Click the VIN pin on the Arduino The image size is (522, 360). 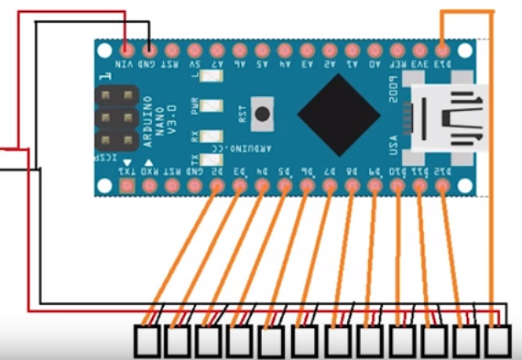(x=126, y=49)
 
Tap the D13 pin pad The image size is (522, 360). (x=443, y=49)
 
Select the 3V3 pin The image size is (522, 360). (x=420, y=49)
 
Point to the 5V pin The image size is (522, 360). (x=194, y=49)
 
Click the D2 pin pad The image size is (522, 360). (x=217, y=186)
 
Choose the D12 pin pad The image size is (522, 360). (x=443, y=186)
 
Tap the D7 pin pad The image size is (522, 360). (x=330, y=186)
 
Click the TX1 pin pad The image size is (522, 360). (x=126, y=186)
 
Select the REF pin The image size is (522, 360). (x=397, y=49)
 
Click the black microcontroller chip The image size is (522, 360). (x=338, y=115)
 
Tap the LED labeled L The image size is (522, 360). (x=208, y=82)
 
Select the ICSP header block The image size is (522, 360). (x=115, y=117)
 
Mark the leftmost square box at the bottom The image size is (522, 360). (x=149, y=342)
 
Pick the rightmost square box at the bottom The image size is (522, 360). (x=498, y=342)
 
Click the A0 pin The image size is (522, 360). (x=375, y=49)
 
